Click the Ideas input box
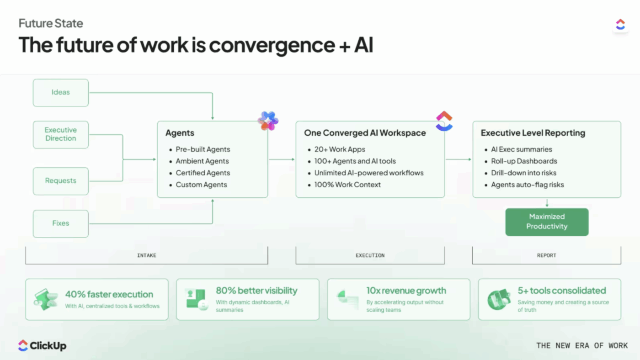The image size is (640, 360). click(x=60, y=93)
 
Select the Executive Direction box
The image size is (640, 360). click(x=60, y=134)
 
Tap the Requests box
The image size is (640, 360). click(x=60, y=181)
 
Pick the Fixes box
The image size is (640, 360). click(x=60, y=223)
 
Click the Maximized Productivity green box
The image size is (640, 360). click(x=546, y=222)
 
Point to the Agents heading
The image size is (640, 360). click(x=180, y=133)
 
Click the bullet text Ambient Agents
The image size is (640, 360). click(x=202, y=161)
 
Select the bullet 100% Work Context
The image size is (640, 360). click(x=347, y=185)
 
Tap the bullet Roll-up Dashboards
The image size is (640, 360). click(x=517, y=161)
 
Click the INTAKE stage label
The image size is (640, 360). click(x=146, y=255)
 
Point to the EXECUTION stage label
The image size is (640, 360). click(x=370, y=255)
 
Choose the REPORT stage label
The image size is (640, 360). click(x=546, y=255)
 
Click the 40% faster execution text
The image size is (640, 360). click(x=109, y=295)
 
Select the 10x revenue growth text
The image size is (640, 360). click(x=406, y=291)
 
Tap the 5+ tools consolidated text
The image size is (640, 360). click(x=561, y=291)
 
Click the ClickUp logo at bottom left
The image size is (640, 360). click(x=42, y=346)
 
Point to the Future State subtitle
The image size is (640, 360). click(x=51, y=23)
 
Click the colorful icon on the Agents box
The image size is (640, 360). click(x=268, y=121)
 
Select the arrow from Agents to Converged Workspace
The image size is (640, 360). click(x=282, y=159)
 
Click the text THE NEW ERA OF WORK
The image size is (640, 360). click(x=582, y=345)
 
